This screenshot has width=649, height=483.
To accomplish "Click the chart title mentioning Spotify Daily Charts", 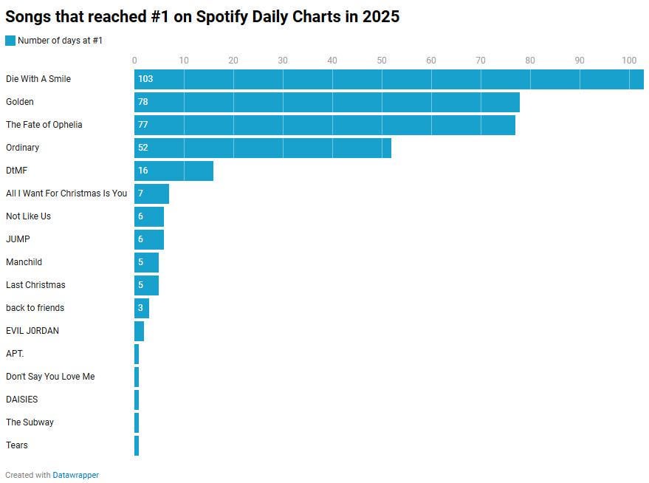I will click(x=202, y=16).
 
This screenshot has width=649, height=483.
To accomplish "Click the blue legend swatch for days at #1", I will click(x=10, y=41).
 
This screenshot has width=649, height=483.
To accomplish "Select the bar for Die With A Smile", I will click(x=388, y=79).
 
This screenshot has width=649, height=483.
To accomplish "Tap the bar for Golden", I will click(x=326, y=102).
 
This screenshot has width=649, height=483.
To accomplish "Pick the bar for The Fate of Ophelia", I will click(x=324, y=125).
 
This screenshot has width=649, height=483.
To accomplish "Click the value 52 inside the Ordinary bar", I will click(x=143, y=148).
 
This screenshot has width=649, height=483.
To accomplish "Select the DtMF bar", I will click(x=174, y=171).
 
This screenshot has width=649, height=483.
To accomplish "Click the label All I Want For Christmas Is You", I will click(x=66, y=193).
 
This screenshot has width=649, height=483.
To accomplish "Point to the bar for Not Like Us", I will click(x=149, y=216).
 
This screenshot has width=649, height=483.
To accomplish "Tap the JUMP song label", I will click(x=18, y=239).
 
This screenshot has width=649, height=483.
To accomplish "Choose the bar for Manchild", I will click(x=146, y=262).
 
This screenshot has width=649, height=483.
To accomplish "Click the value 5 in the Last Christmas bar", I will click(x=140, y=285).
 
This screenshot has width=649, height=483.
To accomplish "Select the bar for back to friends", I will click(x=142, y=308).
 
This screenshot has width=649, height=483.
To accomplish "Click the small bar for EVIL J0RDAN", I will click(x=139, y=331).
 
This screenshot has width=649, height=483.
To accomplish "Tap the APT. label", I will click(x=15, y=354).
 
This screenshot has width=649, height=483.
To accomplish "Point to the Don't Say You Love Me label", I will click(x=50, y=377).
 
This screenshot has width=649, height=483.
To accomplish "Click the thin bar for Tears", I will click(x=137, y=445).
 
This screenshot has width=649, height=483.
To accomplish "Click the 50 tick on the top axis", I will click(x=382, y=61).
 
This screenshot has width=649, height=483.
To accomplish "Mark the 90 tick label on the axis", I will click(x=580, y=61).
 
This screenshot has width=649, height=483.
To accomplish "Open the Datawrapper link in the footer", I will click(x=75, y=475).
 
